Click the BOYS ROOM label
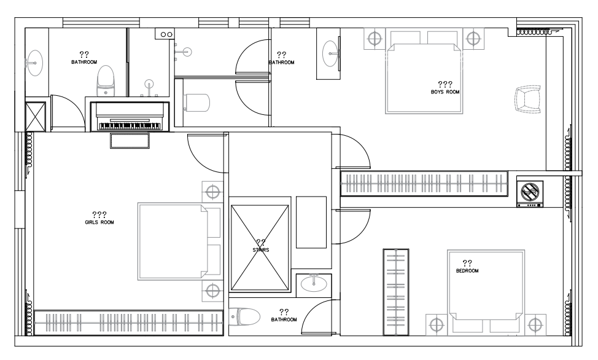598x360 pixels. point(445,92)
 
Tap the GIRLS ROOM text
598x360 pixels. point(99,222)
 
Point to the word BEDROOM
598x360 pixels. point(467,271)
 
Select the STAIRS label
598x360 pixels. point(261,250)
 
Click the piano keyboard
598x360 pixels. point(130,126)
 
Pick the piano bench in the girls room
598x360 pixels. point(130,141)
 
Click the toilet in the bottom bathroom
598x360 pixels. point(245,317)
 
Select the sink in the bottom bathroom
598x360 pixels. point(314,284)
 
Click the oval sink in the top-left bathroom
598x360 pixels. point(35,63)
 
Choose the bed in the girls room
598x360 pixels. point(179,241)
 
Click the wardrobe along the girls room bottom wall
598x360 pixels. point(128,323)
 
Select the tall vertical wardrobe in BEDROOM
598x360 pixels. point(396,292)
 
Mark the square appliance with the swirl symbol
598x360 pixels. point(530,191)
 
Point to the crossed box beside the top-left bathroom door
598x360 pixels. point(36,117)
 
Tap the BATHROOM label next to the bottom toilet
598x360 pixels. point(284,319)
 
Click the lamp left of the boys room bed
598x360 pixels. point(375,38)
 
